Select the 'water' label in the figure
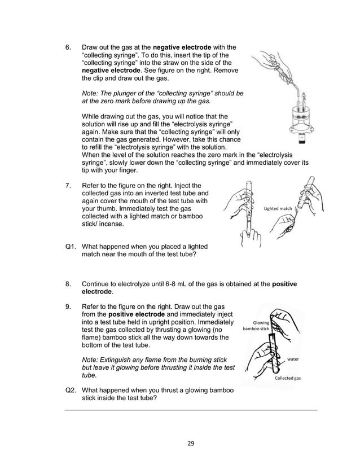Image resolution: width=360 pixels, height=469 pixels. coord(293,358)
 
